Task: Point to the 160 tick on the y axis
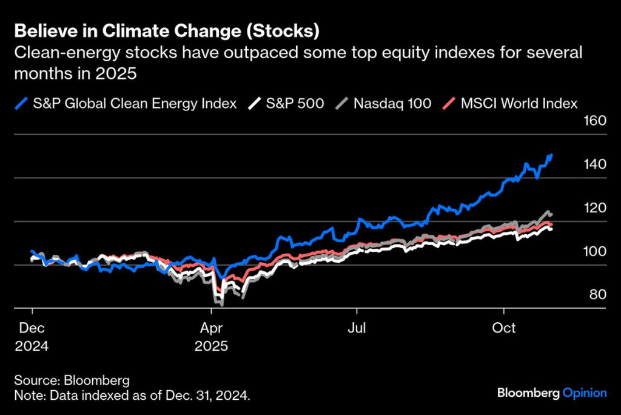(595, 120)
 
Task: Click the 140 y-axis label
(595, 164)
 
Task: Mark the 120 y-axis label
(595, 208)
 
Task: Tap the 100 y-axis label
(595, 252)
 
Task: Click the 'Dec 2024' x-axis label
(32, 337)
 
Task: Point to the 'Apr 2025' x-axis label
(211, 337)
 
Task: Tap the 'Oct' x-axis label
(503, 328)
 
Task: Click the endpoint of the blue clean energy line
(551, 155)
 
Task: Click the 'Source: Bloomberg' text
(72, 381)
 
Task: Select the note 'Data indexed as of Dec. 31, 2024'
(132, 396)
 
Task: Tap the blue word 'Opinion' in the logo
(585, 393)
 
